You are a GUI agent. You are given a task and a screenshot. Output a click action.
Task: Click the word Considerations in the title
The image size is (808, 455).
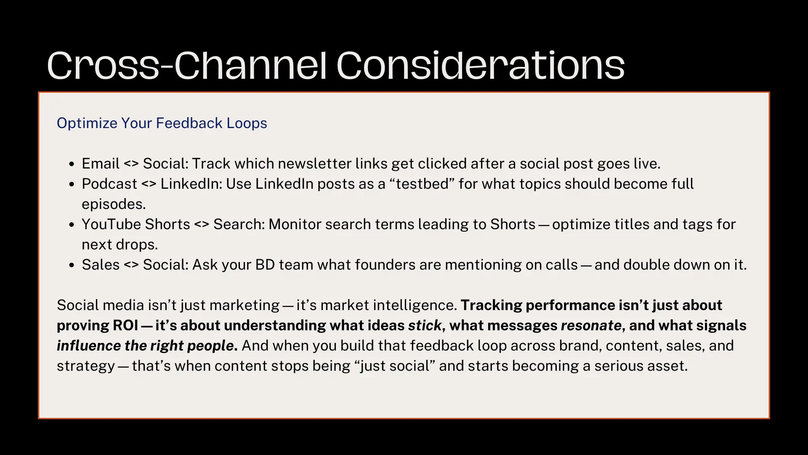tap(481, 65)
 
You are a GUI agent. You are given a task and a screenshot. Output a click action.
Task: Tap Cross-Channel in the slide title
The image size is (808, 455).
tap(187, 65)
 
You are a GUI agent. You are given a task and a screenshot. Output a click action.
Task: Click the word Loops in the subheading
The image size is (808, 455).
tap(247, 123)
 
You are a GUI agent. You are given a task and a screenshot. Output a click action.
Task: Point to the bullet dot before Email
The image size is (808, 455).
tap(72, 164)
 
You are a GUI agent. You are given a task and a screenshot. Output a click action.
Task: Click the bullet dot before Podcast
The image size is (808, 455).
tap(72, 185)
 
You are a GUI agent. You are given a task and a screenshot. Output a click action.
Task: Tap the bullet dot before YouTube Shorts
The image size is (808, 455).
tap(72, 225)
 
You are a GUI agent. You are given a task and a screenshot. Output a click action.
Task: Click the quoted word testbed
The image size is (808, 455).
tap(422, 184)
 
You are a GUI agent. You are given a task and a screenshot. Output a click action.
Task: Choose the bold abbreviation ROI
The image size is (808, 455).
tap(125, 325)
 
